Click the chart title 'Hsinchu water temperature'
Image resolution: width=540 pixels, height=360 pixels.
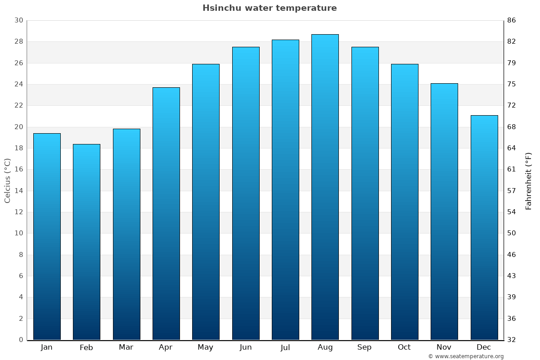pos(270,8)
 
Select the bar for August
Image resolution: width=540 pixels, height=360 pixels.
pos(325,187)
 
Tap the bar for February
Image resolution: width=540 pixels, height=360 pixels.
pos(86,242)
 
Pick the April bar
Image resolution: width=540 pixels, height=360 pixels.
pos(166,213)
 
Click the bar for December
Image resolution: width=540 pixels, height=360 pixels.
pos(484,227)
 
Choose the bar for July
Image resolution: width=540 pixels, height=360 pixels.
pos(285,189)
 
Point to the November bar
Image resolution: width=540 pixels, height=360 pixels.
pos(444,211)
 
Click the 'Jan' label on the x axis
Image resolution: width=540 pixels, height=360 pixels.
pos(47,347)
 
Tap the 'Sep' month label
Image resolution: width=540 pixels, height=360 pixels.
pos(364,347)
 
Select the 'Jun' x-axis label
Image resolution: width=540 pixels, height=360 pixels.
pos(246,347)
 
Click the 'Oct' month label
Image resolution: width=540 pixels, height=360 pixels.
pos(404,347)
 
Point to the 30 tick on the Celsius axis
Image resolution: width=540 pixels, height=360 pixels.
pos(18,20)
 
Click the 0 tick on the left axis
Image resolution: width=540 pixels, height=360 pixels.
pos(21,340)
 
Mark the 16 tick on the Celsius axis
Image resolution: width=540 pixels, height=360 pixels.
pos(18,169)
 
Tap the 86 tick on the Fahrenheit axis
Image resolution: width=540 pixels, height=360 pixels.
pos(511,20)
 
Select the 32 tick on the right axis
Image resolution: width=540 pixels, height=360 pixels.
pos(511,340)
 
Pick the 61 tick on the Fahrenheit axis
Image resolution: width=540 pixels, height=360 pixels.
pos(511,169)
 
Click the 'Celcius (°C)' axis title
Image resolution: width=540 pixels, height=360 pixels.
pos(8,180)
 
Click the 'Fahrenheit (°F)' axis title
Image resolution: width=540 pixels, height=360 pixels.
pos(528,180)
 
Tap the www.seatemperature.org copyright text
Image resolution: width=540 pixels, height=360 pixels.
pos(466,356)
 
